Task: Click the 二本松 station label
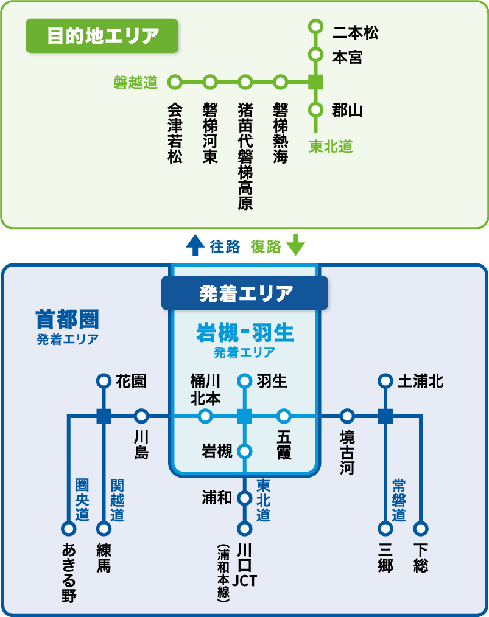click(x=356, y=32)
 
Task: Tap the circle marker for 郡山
click(x=315, y=110)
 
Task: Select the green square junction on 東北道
click(x=315, y=82)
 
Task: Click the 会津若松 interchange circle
click(x=175, y=82)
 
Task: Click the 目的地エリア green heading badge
click(x=102, y=36)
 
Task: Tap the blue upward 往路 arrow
click(x=195, y=245)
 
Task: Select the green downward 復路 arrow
click(x=295, y=245)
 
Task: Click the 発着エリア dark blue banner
click(x=245, y=293)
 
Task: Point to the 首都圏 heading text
click(x=68, y=319)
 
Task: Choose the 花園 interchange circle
click(x=104, y=382)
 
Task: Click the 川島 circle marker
click(x=141, y=416)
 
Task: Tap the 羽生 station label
click(x=272, y=382)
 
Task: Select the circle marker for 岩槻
click(x=244, y=451)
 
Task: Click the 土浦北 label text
click(x=420, y=382)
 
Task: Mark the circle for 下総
click(x=421, y=528)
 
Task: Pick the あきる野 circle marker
click(x=68, y=528)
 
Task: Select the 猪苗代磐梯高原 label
click(x=245, y=156)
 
